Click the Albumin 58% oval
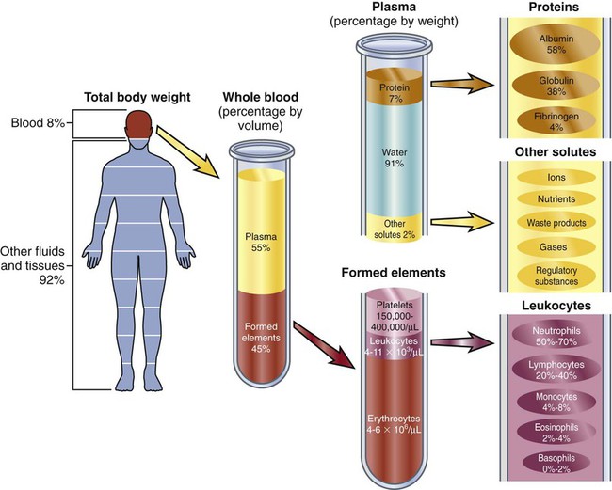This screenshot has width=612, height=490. pos(554,45)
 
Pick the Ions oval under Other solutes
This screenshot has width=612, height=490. pos(554,176)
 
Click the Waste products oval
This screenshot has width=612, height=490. pos(554,223)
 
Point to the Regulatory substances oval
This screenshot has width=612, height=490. pos(554,275)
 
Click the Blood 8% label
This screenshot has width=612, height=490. pos(30,123)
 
